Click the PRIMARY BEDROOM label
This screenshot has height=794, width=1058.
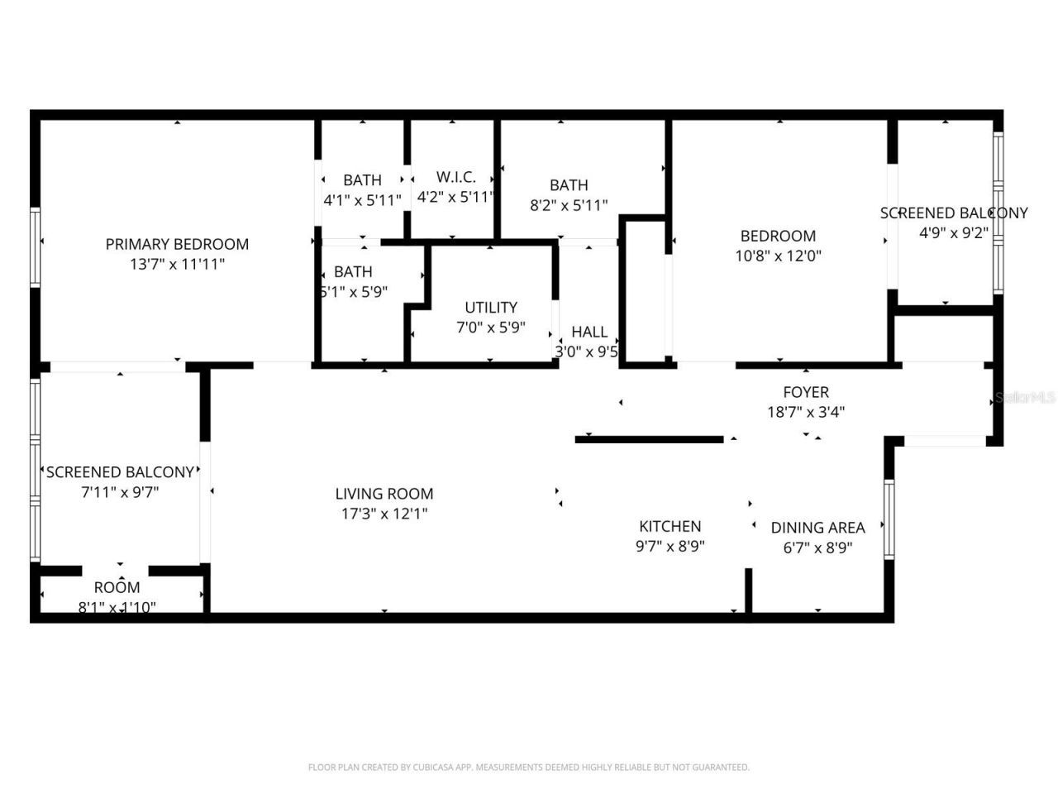point(177,244)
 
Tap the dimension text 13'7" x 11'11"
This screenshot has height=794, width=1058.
point(177,264)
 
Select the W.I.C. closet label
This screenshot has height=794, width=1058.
point(455,177)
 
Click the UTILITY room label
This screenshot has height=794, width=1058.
point(491,307)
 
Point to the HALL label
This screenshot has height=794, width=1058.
point(589,332)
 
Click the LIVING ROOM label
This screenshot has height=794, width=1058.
point(384,494)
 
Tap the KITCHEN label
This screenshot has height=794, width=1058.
point(670,526)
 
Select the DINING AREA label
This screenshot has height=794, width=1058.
point(817,528)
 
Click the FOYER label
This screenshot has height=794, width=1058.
point(806,392)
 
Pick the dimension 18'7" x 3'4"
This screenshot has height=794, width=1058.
point(806,412)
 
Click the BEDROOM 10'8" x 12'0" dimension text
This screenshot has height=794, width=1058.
point(778,256)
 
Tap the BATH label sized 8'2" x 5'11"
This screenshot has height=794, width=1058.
point(569,185)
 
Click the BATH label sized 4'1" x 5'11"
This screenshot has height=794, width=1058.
point(362,179)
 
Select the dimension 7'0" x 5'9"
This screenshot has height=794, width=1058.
point(491,328)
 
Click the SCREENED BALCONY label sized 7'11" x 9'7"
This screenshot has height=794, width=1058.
point(120,472)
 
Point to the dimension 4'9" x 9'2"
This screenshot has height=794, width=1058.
point(954,233)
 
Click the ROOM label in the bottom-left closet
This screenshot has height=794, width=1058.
point(117,588)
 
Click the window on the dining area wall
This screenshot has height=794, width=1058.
point(889,519)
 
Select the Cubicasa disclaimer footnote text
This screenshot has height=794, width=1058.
point(529,768)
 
